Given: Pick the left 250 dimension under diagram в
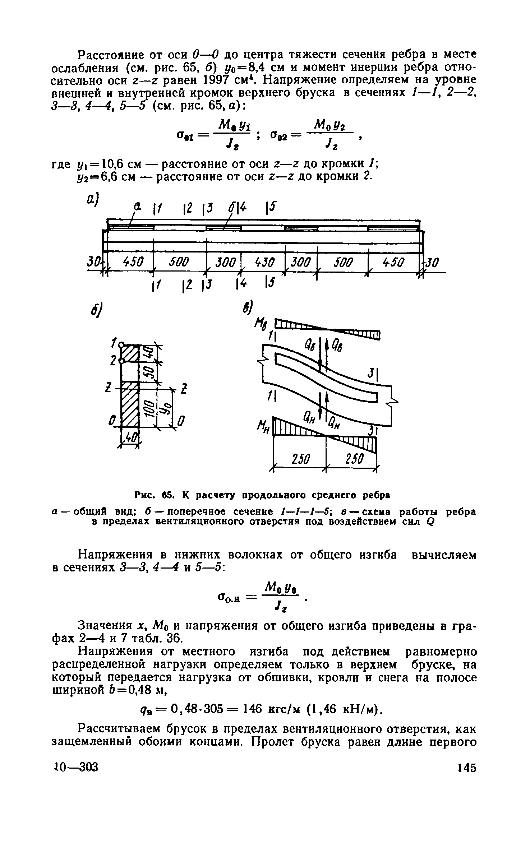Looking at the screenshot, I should click(300, 459).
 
